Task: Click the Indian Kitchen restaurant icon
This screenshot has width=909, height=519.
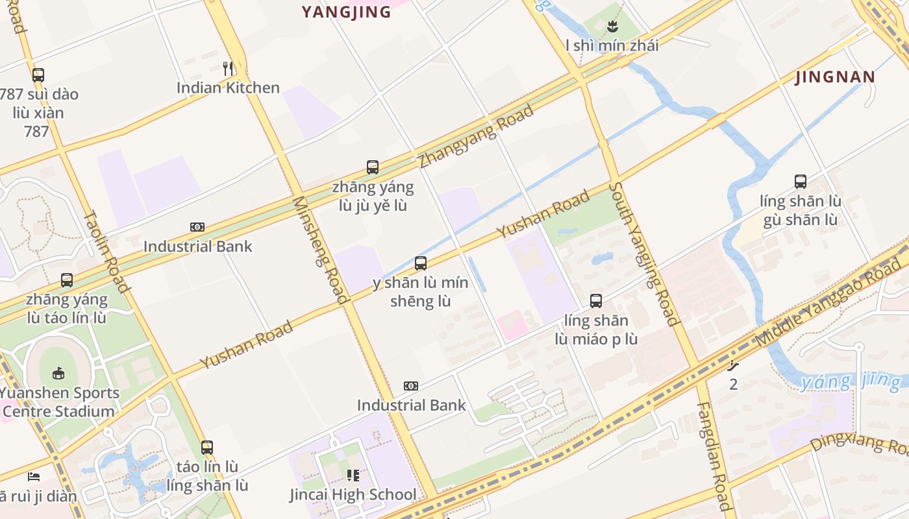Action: [228, 68]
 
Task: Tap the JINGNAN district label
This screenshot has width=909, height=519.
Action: [835, 77]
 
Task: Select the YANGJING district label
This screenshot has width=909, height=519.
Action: [347, 12]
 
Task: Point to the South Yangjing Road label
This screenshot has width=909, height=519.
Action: [644, 254]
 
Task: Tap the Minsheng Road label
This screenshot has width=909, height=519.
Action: [320, 249]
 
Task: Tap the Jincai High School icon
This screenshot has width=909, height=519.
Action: [353, 476]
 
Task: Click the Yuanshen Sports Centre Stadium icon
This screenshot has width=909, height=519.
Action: [58, 373]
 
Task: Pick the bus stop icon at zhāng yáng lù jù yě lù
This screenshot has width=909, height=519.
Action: [373, 167]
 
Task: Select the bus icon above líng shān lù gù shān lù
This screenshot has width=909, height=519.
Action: [801, 182]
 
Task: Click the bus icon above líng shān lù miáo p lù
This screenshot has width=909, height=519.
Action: [596, 301]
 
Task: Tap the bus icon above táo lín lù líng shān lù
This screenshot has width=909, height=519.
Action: [207, 448]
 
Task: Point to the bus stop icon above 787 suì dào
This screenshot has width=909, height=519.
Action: [38, 75]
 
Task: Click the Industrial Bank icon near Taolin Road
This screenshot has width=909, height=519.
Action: [197, 227]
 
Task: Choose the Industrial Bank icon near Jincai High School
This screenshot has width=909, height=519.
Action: [411, 386]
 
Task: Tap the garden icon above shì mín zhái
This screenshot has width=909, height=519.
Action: [612, 27]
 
